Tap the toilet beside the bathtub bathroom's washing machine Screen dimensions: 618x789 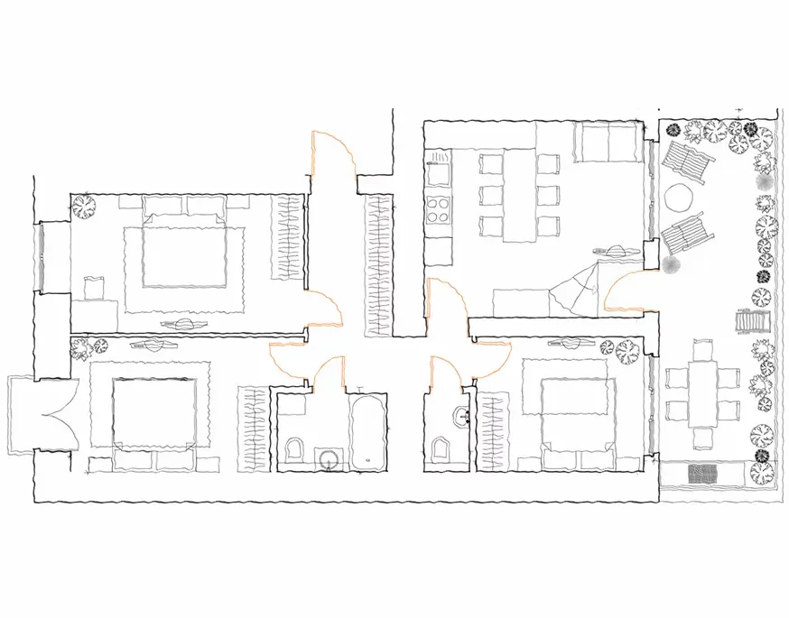[x=295, y=449]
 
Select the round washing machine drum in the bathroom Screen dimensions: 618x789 [x=330, y=459]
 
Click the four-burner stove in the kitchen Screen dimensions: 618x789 [x=440, y=212]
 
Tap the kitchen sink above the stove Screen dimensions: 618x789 [x=440, y=165]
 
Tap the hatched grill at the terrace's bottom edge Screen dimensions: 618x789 [x=704, y=473]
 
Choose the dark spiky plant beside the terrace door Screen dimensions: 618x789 [x=671, y=264]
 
